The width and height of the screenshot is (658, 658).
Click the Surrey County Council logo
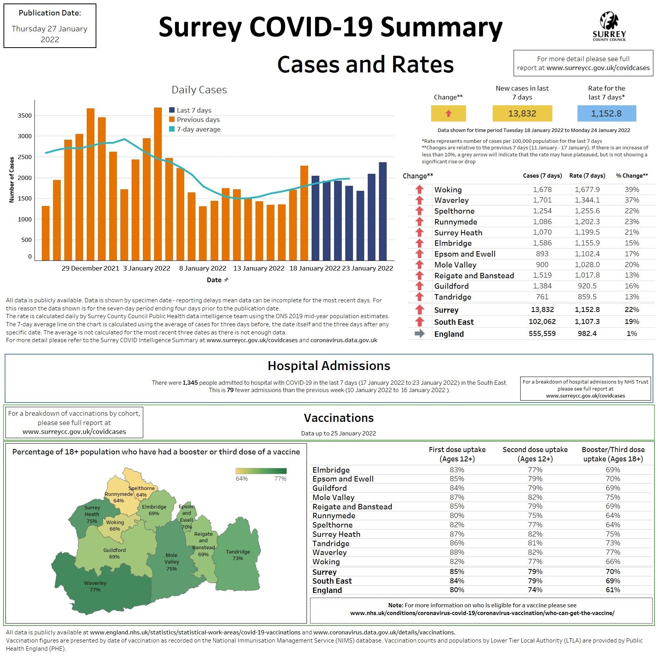(x=609, y=26)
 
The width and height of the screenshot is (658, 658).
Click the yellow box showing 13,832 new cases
(x=522, y=114)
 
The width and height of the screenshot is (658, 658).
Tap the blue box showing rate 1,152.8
(x=606, y=114)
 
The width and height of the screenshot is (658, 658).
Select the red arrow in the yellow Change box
(x=449, y=114)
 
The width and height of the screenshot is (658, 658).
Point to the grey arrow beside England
(x=420, y=334)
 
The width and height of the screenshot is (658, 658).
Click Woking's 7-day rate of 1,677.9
(x=587, y=190)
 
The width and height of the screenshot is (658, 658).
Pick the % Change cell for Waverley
(x=632, y=200)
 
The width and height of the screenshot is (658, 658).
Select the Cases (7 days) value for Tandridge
(x=542, y=297)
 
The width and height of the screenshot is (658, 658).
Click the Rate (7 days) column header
(x=587, y=176)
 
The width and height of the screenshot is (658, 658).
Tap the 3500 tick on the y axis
(x=25, y=116)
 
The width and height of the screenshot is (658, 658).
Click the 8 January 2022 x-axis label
(x=202, y=268)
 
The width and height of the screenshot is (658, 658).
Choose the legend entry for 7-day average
(x=198, y=129)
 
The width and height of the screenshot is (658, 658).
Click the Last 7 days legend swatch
(x=172, y=110)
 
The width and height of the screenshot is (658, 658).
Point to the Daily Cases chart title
(x=199, y=90)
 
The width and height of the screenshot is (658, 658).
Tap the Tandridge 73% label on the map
(x=238, y=555)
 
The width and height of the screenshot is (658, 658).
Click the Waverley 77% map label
(x=95, y=586)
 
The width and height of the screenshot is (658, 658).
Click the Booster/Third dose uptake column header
(x=613, y=454)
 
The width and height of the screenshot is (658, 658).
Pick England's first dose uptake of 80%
(x=457, y=590)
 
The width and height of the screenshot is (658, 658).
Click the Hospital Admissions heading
(x=329, y=366)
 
